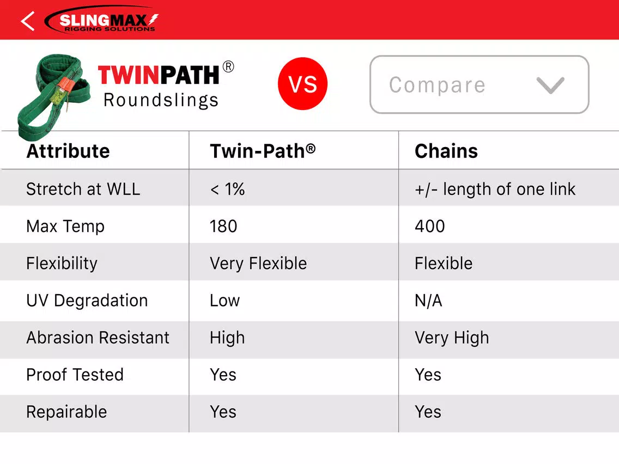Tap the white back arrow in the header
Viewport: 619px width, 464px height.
28,21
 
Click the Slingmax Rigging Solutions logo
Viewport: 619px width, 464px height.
101,20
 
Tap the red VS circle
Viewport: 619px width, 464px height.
302,84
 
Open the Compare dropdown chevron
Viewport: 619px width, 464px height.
550,85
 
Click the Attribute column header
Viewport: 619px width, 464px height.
68,151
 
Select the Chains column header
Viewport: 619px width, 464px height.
446,151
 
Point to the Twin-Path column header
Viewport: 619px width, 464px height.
263,151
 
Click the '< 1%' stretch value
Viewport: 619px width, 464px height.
227,190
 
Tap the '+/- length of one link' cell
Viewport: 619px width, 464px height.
495,190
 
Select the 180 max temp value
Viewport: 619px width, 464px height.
223,227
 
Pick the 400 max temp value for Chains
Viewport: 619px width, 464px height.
430,227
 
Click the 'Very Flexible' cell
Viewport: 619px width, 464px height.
258,264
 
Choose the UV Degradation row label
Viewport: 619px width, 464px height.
87,301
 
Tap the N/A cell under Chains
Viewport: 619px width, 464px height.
428,301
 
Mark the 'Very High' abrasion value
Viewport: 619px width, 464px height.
452,338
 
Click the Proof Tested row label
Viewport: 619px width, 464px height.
75,375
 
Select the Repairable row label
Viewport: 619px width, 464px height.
66,412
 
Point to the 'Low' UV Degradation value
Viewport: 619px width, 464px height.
224,301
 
